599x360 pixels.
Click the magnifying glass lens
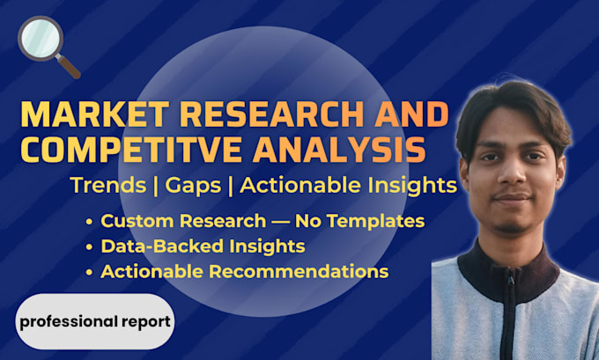pyautogui.click(x=41, y=38)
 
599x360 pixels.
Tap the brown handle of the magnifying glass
pyautogui.click(x=69, y=67)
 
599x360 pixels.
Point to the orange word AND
pyautogui.click(x=411, y=114)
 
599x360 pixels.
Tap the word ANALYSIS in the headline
pyautogui.click(x=339, y=150)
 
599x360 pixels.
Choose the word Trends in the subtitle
pyautogui.click(x=108, y=186)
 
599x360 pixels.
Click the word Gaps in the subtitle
pyautogui.click(x=193, y=187)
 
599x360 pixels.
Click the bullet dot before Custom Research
pyautogui.click(x=89, y=222)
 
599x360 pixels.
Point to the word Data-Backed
pyautogui.click(x=162, y=246)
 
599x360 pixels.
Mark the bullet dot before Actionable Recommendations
pyautogui.click(x=89, y=273)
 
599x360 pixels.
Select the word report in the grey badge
pyautogui.click(x=146, y=322)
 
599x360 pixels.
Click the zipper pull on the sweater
pyautogui.click(x=510, y=281)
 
